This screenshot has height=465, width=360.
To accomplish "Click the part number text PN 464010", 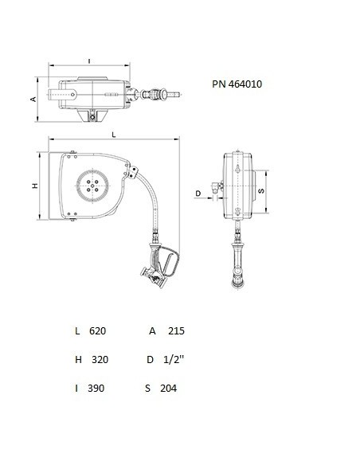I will (x=237, y=83).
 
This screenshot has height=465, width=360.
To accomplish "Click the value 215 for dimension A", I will (x=176, y=330).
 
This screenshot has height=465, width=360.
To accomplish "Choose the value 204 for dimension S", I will (x=167, y=389).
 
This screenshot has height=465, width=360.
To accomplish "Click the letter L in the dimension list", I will (x=77, y=330).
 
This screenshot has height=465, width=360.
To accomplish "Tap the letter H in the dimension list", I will (x=78, y=359).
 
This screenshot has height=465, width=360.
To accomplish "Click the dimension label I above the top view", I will (x=89, y=60).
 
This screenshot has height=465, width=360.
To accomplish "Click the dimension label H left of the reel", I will (x=34, y=186).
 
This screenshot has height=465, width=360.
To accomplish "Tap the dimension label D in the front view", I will (x=198, y=193).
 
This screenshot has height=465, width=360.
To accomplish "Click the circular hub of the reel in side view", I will (x=94, y=186).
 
